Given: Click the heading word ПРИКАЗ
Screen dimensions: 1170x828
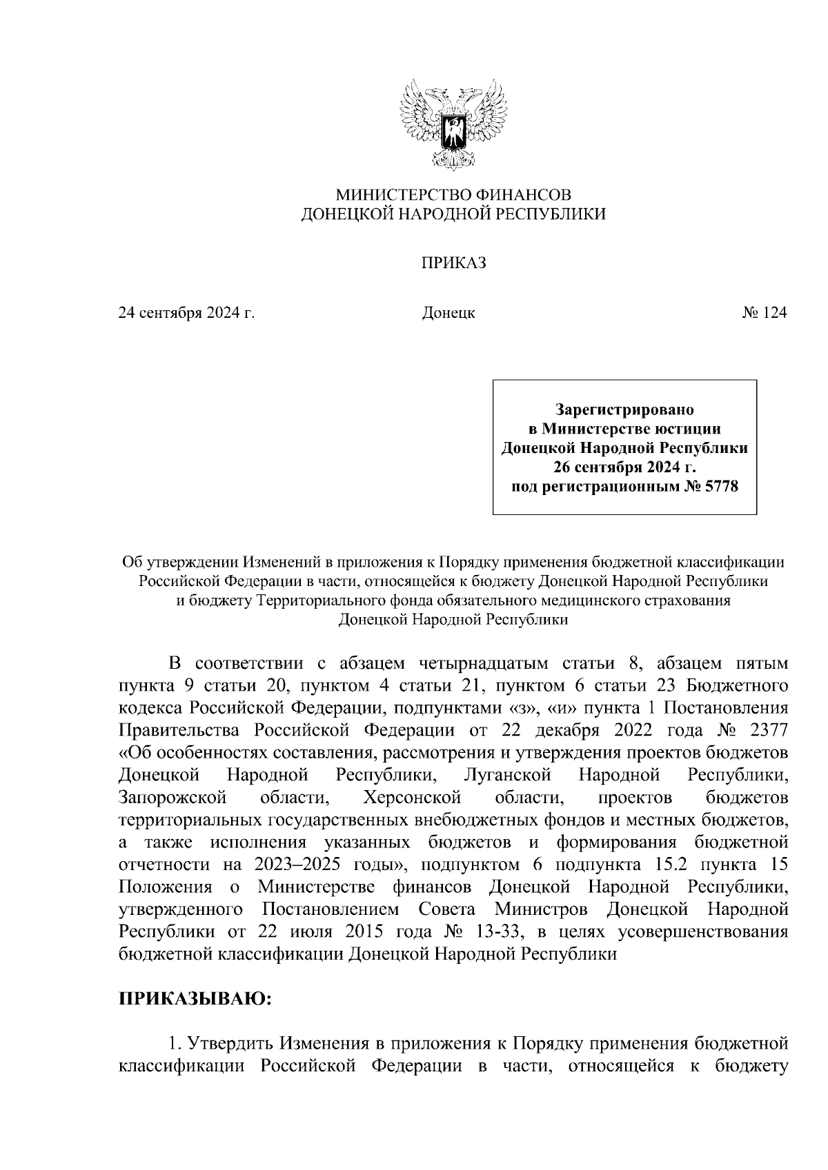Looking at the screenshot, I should click(454, 263).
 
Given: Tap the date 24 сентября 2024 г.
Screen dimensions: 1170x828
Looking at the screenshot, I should click(186, 314).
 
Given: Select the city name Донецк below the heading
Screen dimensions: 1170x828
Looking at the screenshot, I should click(448, 314).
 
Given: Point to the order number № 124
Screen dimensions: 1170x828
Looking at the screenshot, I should click(764, 314).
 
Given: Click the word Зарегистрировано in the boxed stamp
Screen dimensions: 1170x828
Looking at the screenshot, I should click(624, 410).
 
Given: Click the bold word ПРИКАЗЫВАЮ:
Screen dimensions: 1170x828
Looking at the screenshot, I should click(195, 1000).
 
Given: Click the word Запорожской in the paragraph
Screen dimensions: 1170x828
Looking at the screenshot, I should click(173, 798).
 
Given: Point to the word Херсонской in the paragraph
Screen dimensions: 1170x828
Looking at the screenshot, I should click(412, 798).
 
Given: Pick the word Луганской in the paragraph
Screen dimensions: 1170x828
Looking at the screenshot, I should click(508, 776).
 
